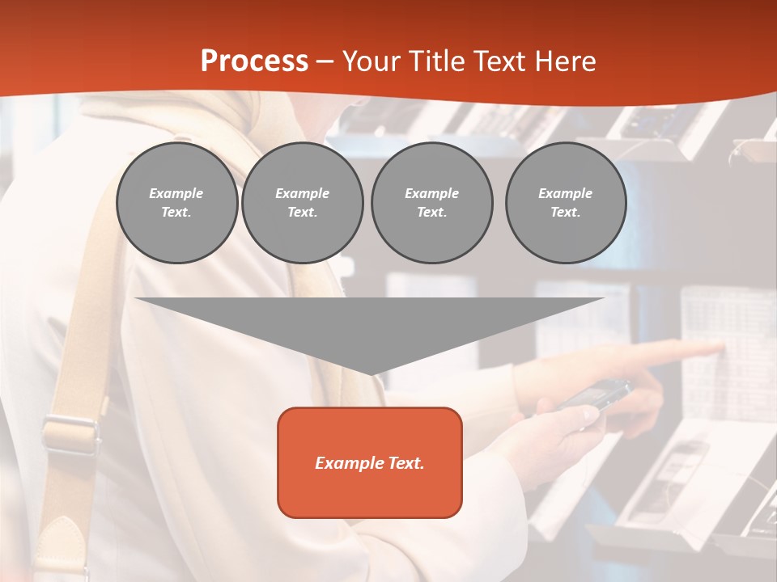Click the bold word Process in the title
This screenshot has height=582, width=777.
coord(254,61)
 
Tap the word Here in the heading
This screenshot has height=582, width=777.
coord(564,61)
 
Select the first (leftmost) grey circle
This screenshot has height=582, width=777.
coord(176,202)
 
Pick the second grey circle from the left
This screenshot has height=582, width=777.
coord(302,202)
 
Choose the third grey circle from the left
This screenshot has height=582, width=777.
coord(431,202)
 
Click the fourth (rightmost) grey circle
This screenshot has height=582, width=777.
coord(565,202)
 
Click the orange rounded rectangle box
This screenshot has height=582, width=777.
coord(370,462)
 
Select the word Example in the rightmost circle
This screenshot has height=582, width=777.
coord(565,193)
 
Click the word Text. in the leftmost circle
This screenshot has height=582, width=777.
coord(176,213)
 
